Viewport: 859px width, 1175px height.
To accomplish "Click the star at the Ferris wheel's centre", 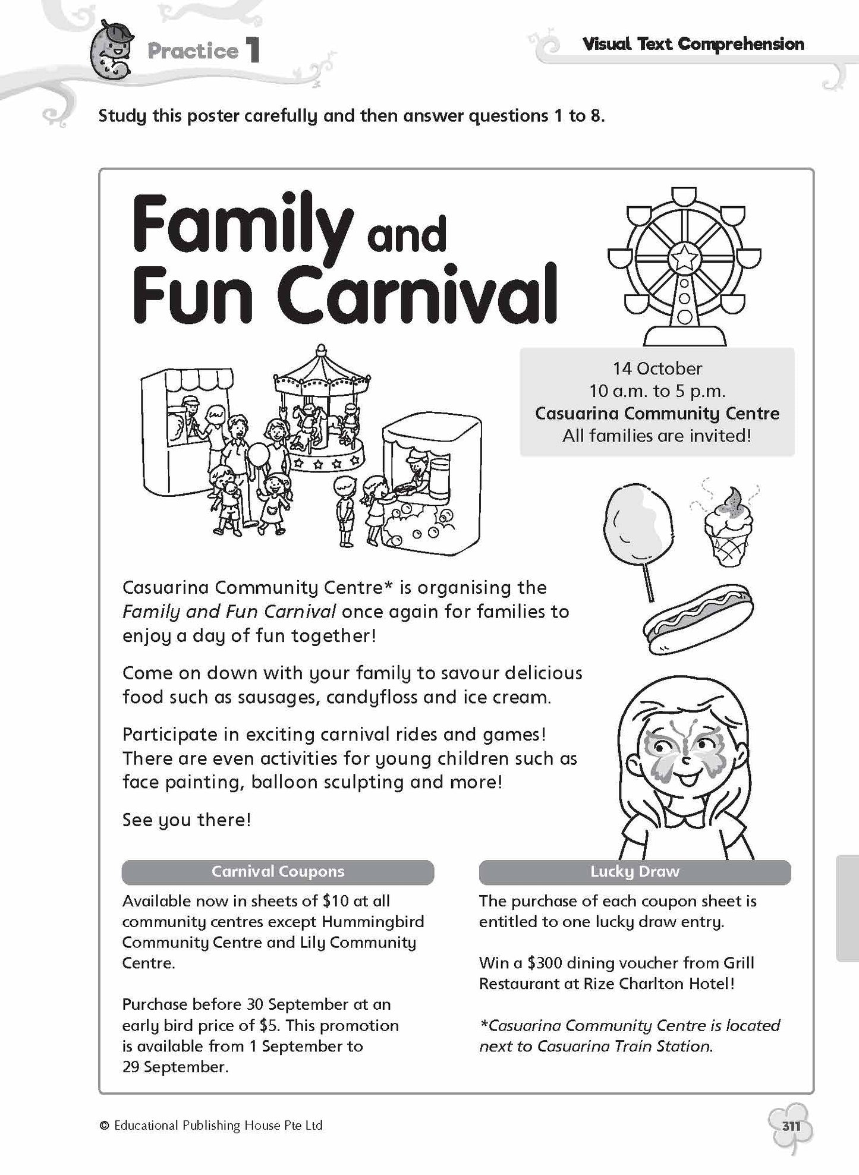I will pos(684,257).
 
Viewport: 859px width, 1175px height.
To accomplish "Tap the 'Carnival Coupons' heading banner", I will pos(278,872).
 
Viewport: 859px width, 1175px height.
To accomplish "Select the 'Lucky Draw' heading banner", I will pos(634,872).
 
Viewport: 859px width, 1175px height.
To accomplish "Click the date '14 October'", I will pos(657,368).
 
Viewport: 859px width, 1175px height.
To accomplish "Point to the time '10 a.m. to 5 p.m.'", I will pos(657,391).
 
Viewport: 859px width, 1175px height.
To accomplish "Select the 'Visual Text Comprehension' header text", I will pos(693,44).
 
